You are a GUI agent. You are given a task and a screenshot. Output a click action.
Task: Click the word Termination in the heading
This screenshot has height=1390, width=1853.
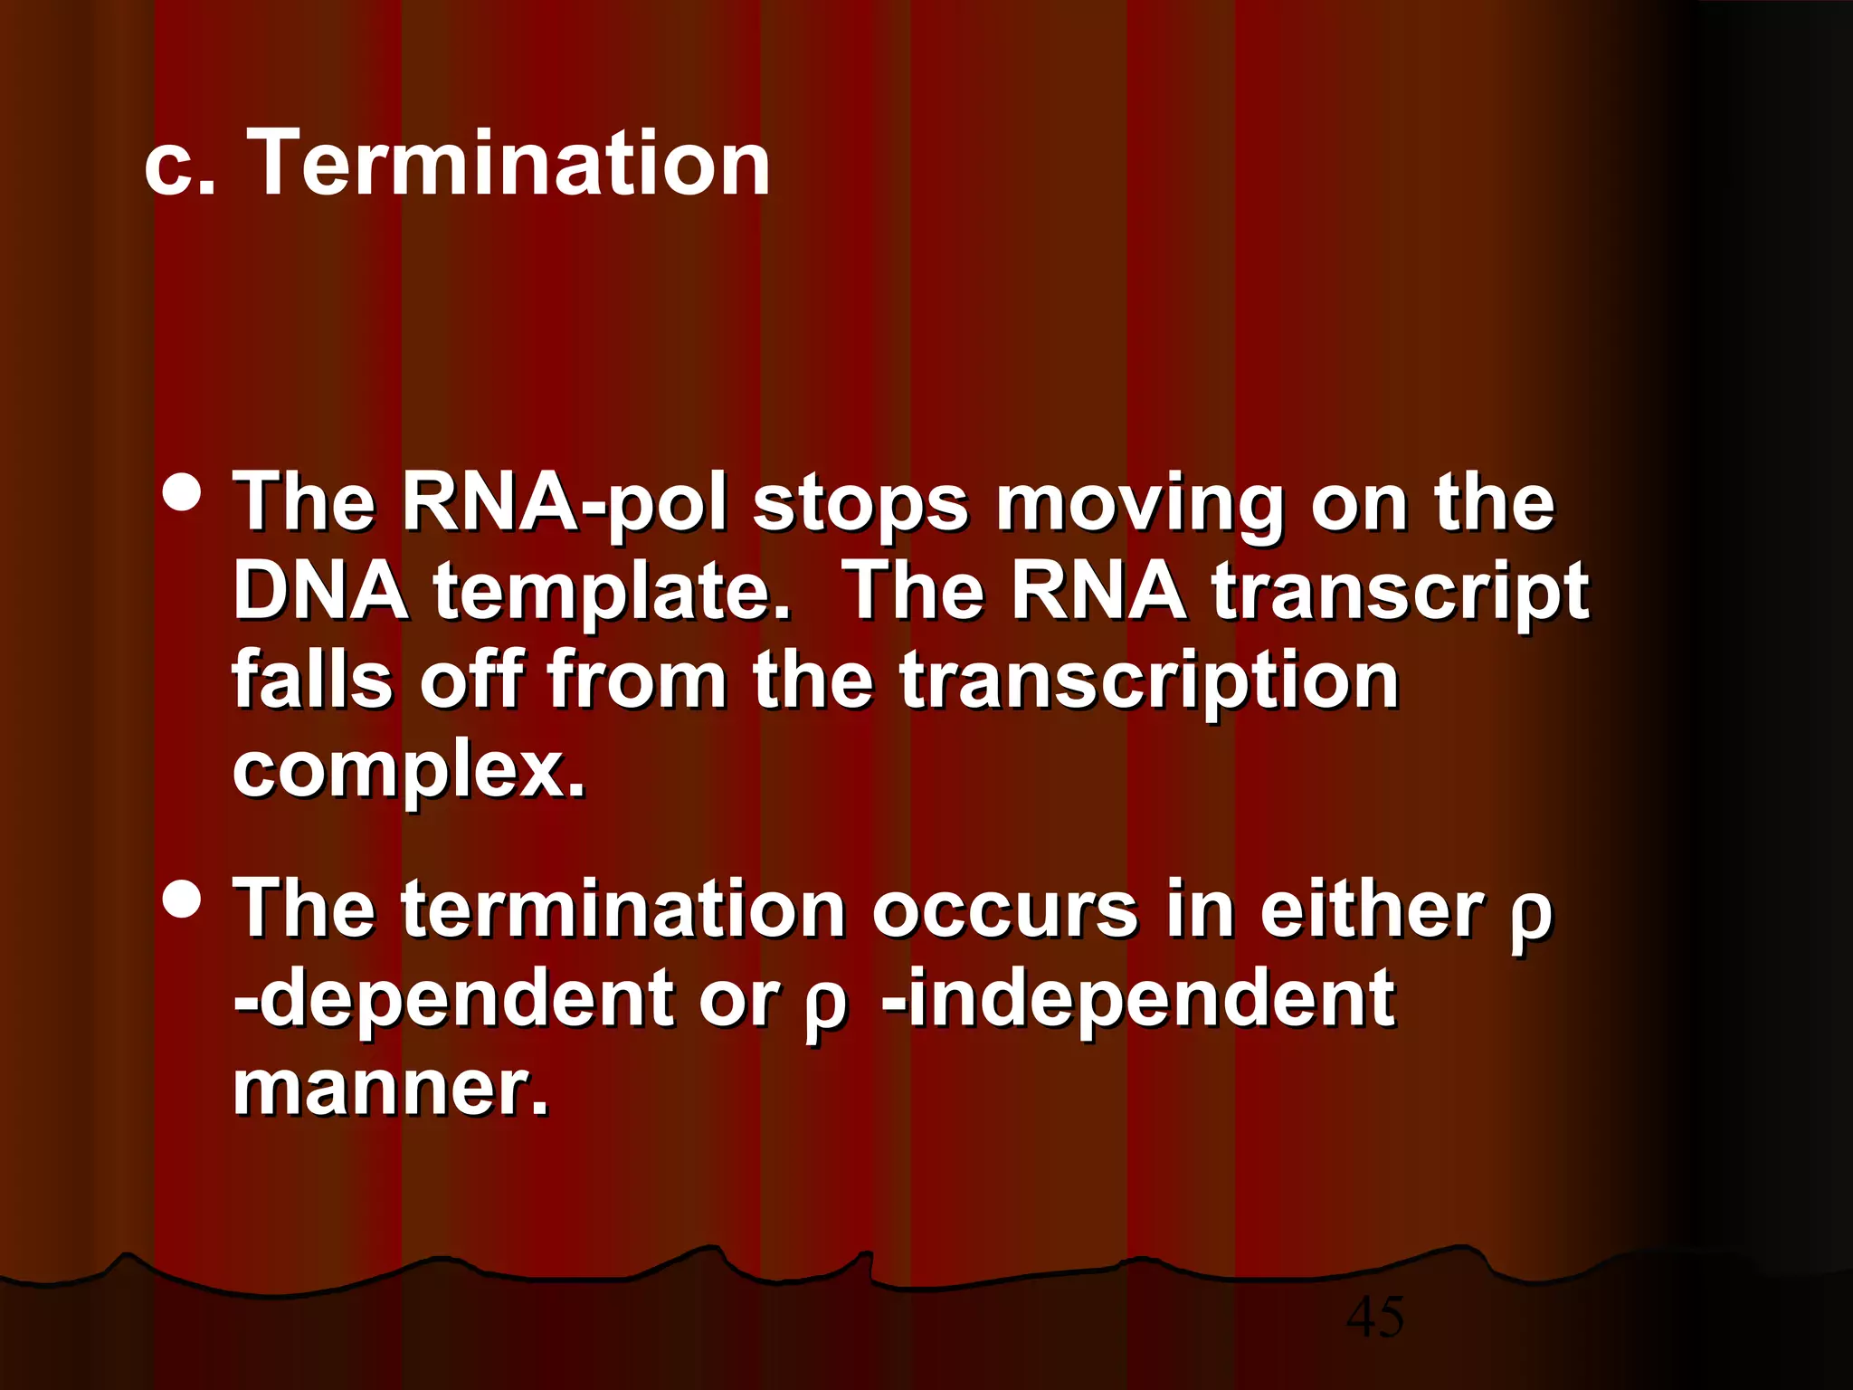(508, 163)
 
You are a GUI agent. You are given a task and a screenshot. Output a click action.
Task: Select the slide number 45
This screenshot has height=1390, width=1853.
(1374, 1316)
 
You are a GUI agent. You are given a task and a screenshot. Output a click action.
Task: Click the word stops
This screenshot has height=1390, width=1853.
(860, 505)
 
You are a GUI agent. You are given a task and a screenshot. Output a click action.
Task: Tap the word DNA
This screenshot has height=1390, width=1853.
(320, 591)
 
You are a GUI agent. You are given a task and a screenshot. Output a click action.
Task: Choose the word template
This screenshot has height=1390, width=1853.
(612, 593)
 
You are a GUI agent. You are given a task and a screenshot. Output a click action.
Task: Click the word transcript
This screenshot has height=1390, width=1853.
(1401, 593)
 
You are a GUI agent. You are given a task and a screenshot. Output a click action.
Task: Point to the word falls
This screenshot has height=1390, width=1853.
(312, 680)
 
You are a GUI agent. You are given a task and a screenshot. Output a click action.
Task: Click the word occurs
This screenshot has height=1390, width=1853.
(1004, 909)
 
